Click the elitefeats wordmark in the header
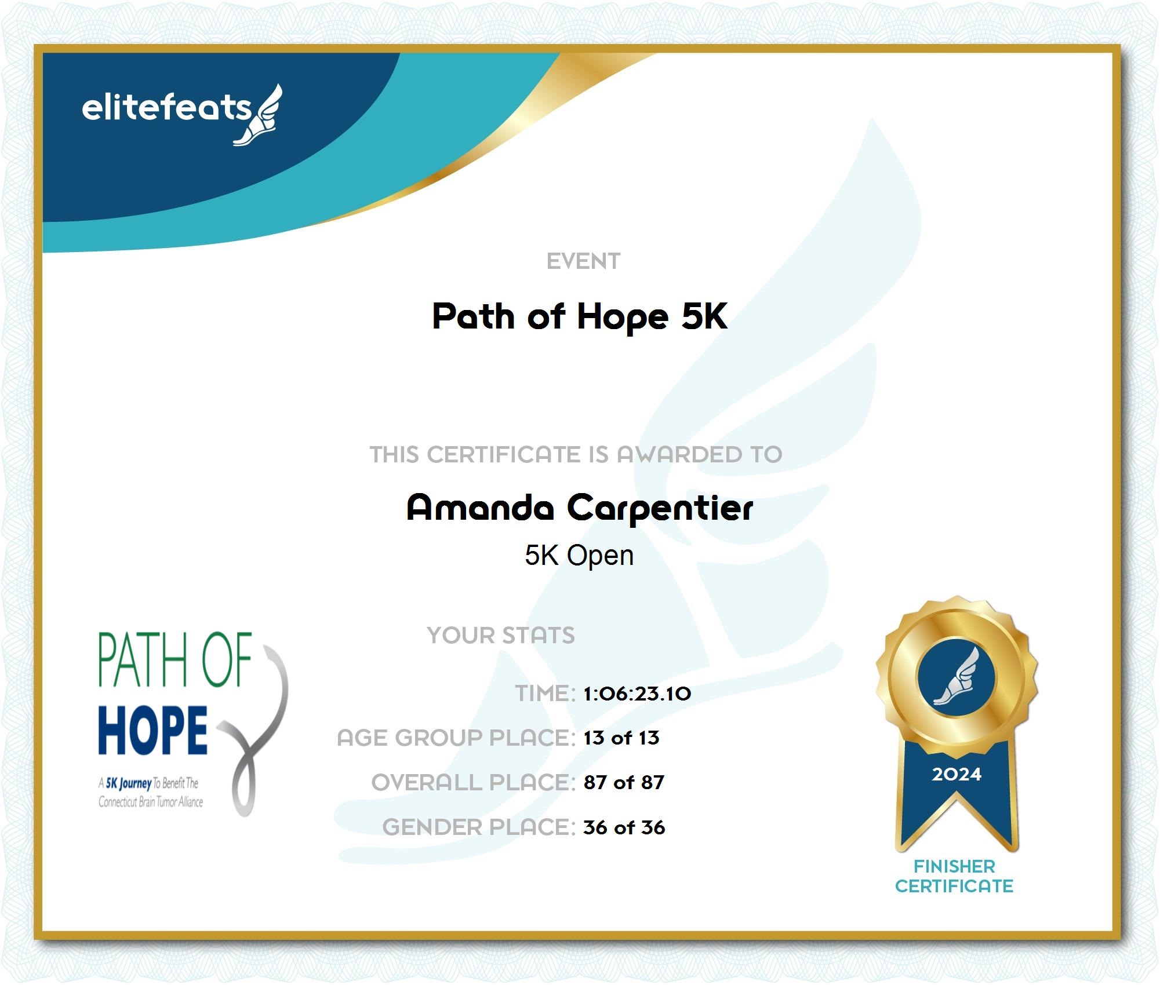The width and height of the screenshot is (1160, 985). click(x=167, y=108)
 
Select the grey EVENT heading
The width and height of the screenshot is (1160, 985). click(x=583, y=261)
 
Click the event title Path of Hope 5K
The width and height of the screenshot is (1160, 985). click(x=580, y=317)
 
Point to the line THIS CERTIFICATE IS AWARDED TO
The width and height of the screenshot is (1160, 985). click(x=576, y=454)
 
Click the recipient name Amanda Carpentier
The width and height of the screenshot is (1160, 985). click(x=580, y=508)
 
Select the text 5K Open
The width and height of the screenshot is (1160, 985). click(x=579, y=556)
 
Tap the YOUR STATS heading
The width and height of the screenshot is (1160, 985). click(x=501, y=636)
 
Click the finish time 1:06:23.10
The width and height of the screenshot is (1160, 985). click(x=637, y=694)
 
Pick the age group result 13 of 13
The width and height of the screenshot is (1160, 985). click(x=621, y=738)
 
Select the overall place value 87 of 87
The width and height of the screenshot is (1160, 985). click(x=624, y=782)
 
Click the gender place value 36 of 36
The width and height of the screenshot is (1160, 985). click(x=624, y=827)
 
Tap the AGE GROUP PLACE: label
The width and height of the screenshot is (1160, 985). click(x=456, y=738)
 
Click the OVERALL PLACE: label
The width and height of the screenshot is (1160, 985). click(x=474, y=782)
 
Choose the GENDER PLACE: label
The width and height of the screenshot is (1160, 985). click(x=479, y=827)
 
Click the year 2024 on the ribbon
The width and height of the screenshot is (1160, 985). click(x=957, y=774)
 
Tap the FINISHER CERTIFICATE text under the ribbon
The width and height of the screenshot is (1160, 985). click(x=954, y=876)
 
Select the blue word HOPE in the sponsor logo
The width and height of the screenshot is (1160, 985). click(x=153, y=730)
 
